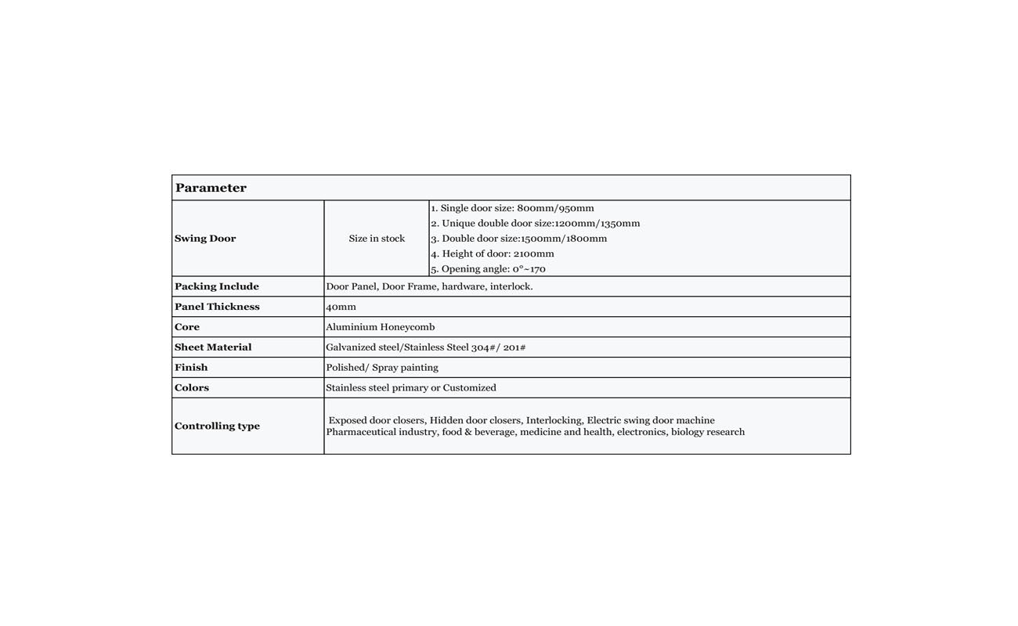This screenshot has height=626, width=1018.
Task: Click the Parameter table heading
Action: tap(211, 188)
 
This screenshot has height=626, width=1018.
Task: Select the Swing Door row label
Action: tap(205, 239)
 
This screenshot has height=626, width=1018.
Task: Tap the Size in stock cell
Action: tap(377, 239)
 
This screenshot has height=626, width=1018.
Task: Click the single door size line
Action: tap(512, 208)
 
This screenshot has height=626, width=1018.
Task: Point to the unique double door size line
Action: tap(535, 223)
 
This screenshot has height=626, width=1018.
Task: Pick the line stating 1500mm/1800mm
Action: tap(518, 239)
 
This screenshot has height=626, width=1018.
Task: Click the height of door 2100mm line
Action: tap(492, 254)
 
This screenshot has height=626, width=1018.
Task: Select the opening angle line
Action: tap(488, 269)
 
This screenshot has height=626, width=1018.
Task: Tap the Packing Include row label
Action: tap(217, 286)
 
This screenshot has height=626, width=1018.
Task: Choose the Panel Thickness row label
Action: tap(217, 307)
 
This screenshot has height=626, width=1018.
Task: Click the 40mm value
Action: tap(341, 307)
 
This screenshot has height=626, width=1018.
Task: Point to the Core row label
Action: tap(187, 327)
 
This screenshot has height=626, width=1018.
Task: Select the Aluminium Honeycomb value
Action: tap(380, 327)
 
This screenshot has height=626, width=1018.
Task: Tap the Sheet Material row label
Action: tap(213, 347)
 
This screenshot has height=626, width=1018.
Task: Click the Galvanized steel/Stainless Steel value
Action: tap(425, 347)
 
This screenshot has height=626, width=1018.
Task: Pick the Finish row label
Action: tap(191, 368)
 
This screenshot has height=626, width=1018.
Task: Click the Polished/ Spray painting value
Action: tap(382, 368)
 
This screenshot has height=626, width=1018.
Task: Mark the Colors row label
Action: tap(192, 388)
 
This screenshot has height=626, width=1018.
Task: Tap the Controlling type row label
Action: tap(217, 426)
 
